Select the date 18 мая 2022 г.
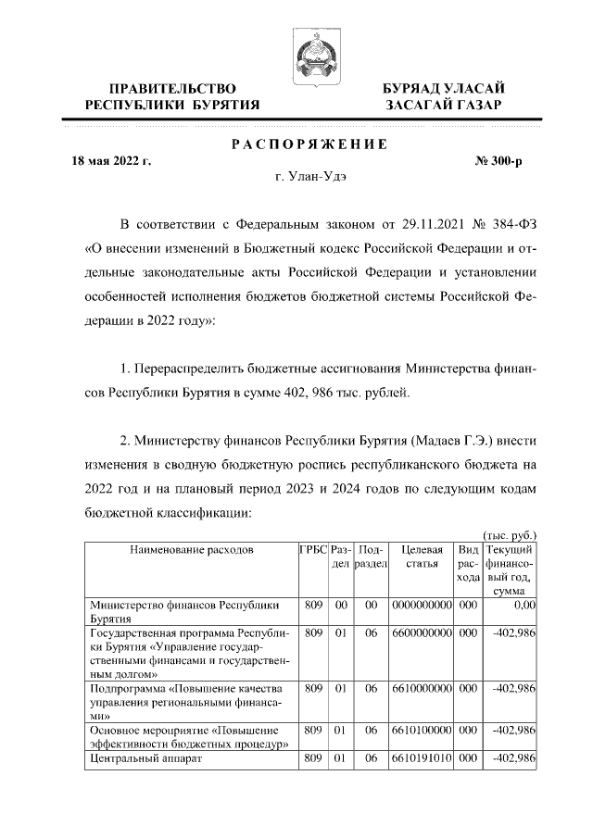tap(112, 160)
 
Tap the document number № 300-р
tap(498, 160)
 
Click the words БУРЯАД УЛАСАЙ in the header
tap(444, 87)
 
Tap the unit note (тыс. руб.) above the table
tap(511, 535)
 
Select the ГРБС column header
tap(313, 549)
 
